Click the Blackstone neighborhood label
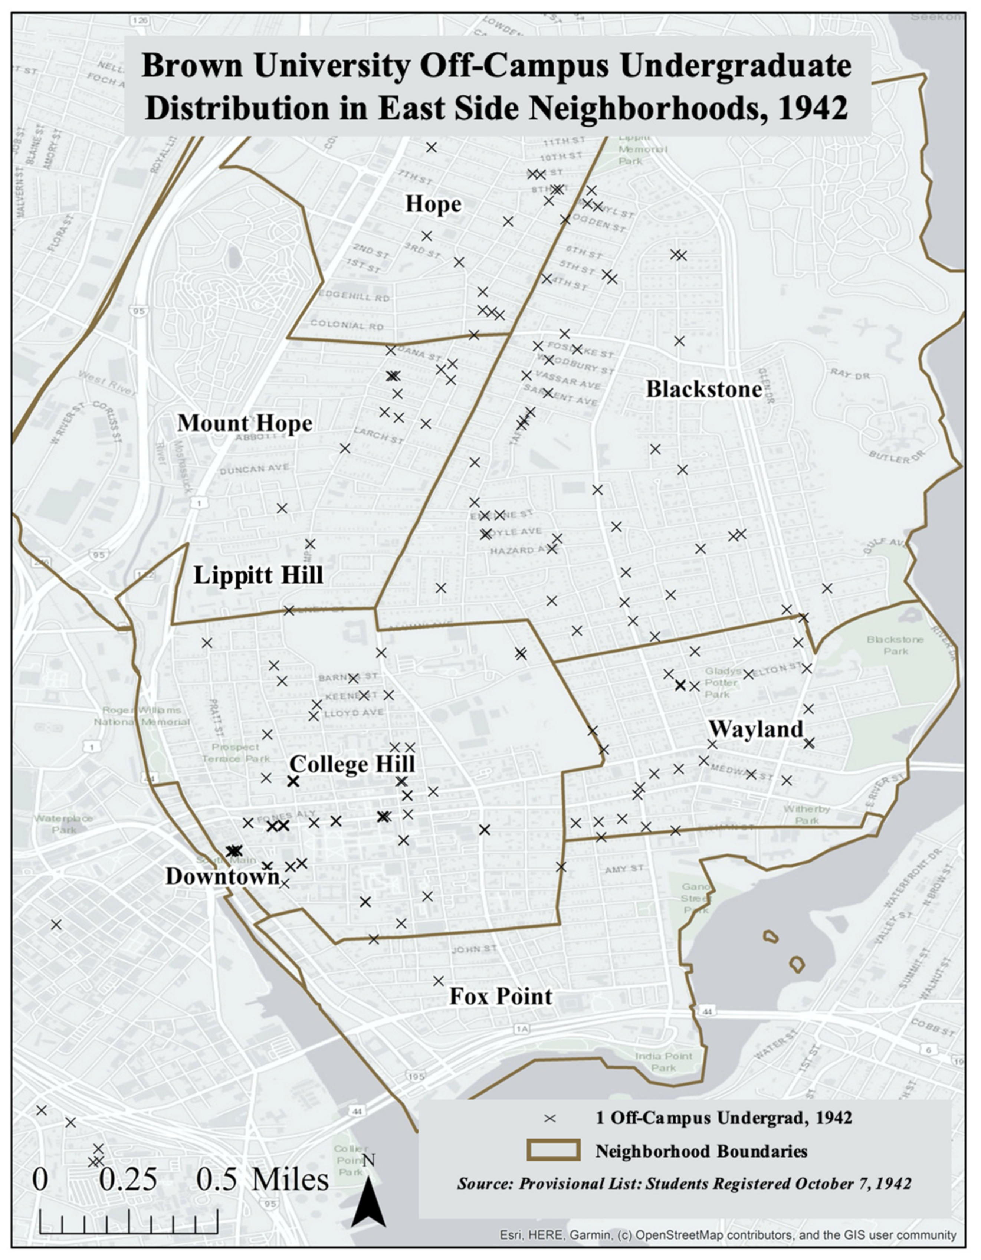click(703, 390)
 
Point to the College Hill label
click(352, 764)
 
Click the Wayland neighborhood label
click(755, 729)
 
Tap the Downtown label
click(222, 877)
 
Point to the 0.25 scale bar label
click(128, 1179)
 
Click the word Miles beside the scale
click(290, 1179)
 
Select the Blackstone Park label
click(895, 645)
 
